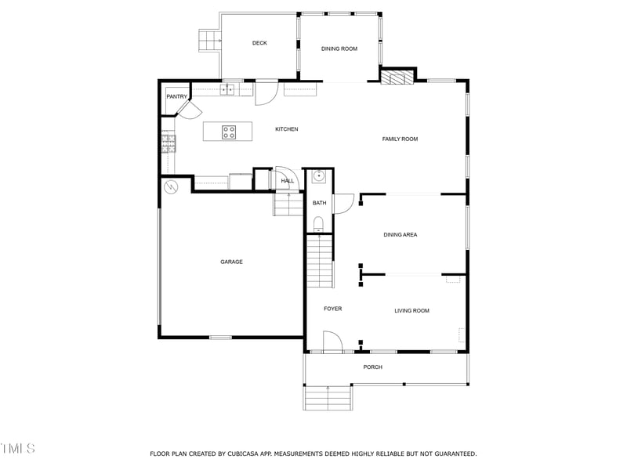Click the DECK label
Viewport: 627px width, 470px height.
[x=259, y=43]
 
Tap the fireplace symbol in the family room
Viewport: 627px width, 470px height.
[x=396, y=76]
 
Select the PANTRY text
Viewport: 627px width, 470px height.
[x=176, y=97]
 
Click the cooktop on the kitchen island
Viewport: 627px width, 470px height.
[x=229, y=132]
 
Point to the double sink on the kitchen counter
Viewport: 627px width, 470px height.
[x=228, y=89]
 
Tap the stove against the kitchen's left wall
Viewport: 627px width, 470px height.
[x=169, y=143]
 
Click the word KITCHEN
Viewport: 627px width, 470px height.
[x=286, y=129]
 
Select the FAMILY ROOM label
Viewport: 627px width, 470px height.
[x=400, y=139]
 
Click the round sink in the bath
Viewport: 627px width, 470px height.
[x=319, y=177]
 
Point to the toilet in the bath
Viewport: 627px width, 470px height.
[x=318, y=225]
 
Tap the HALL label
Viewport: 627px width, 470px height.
[x=288, y=182]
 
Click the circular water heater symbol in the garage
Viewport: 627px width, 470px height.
[x=170, y=187]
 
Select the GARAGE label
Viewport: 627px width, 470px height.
[x=231, y=262]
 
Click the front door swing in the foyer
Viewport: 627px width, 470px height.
[x=332, y=342]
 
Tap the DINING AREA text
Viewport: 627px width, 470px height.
[x=400, y=235]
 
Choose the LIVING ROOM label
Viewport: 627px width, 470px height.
[x=411, y=311]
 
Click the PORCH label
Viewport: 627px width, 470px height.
[x=373, y=367]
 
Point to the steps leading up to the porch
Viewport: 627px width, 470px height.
[x=328, y=398]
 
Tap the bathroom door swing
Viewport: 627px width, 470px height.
[x=343, y=203]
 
